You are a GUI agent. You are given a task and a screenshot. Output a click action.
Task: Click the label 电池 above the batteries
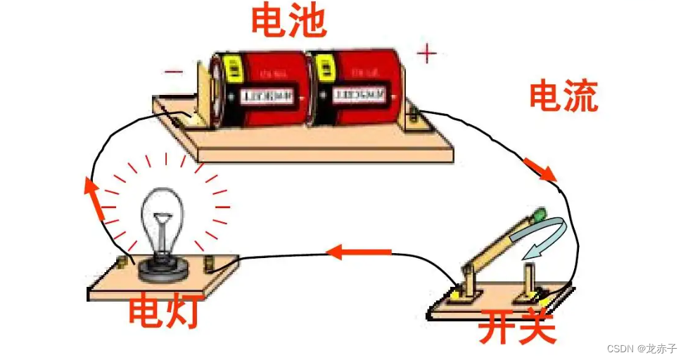point(289,20)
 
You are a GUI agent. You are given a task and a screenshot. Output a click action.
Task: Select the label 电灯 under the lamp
point(163,312)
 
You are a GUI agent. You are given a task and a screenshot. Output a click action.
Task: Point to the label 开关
point(517,327)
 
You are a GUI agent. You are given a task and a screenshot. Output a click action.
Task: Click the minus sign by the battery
point(173,70)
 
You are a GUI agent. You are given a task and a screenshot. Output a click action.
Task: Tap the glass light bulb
point(164,218)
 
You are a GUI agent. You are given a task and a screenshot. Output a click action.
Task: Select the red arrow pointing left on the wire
point(359,250)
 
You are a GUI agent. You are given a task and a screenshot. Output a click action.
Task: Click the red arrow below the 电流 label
point(541,169)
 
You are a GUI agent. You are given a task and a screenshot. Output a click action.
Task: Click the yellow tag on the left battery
point(233,69)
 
